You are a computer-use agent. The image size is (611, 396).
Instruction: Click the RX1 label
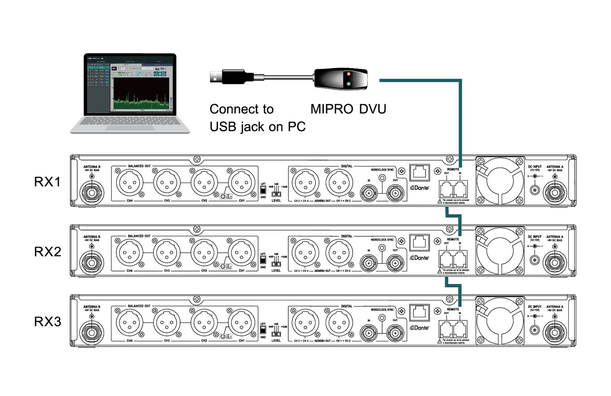[x=47, y=182]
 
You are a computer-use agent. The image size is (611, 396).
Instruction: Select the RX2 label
[x=47, y=251]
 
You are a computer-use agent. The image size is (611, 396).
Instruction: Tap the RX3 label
[x=47, y=321]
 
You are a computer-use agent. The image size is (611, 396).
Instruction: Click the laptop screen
[x=130, y=84]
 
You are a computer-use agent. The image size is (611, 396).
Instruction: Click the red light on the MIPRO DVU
[x=349, y=74]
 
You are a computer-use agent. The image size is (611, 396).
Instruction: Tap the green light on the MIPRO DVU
[x=349, y=84]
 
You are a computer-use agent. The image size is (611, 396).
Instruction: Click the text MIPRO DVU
[x=348, y=109]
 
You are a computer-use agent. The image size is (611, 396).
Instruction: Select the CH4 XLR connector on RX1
[x=129, y=182]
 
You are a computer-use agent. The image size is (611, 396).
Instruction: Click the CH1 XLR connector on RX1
[x=241, y=182]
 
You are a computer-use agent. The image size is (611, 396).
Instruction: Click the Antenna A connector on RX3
[x=555, y=331]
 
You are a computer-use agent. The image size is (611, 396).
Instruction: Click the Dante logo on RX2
[x=419, y=258]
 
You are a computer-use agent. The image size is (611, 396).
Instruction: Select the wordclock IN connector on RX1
[x=369, y=193]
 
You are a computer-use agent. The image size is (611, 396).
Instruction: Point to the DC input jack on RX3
[x=534, y=331]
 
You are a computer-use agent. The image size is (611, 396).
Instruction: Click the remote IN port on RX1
[x=460, y=190]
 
